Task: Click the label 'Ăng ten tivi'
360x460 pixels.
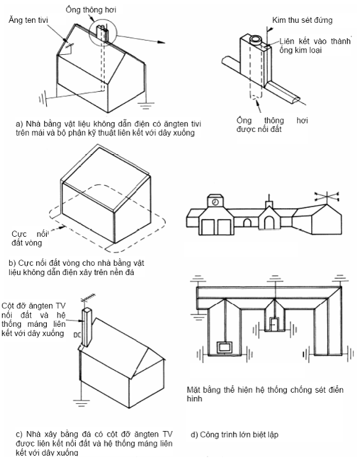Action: (28, 20)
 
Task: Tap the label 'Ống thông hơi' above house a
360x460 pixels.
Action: (91, 10)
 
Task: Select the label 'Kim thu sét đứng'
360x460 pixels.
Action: (302, 20)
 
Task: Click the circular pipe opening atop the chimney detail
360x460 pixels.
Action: (256, 39)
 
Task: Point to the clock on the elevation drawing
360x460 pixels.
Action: (215, 202)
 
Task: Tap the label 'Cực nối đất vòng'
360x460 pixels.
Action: (30, 238)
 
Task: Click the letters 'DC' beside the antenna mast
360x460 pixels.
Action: (77, 335)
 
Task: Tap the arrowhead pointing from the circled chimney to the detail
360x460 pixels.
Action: (161, 42)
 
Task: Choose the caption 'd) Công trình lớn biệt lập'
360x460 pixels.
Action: (234, 435)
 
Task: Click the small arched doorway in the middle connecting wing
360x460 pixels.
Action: (247, 223)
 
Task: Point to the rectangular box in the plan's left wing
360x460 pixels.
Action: (224, 348)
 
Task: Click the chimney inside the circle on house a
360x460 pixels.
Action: (102, 33)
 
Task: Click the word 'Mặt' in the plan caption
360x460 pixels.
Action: (194, 390)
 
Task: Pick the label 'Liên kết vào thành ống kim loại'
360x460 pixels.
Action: (315, 46)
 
